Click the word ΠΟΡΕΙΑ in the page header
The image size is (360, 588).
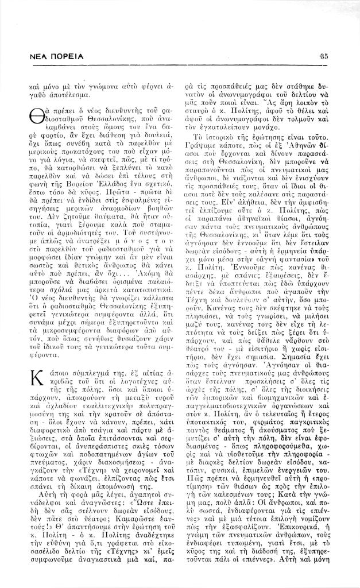click(65, 57)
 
